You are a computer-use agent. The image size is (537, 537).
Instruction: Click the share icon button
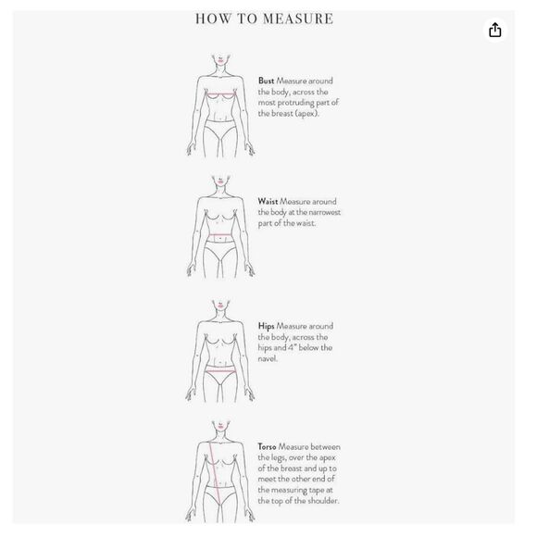495,31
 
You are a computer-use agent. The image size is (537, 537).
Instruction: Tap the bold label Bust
266,81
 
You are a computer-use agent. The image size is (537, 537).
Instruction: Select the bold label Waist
268,202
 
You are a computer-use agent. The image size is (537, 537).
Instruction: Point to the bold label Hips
266,326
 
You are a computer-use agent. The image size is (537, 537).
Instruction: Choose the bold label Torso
267,446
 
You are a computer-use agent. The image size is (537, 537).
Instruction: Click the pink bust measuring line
221,94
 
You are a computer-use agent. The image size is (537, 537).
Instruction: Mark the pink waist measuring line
220,235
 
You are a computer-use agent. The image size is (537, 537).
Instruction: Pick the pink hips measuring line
220,370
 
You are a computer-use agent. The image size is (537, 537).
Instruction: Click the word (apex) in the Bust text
306,113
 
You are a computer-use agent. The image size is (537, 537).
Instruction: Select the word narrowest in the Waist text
324,212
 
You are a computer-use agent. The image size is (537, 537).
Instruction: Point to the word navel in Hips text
268,358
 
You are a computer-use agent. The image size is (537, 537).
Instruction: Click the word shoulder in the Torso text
323,501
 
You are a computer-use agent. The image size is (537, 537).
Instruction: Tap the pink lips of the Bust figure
220,61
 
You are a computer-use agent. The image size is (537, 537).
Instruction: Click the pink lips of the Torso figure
220,427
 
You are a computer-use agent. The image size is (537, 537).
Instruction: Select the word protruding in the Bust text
295,103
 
